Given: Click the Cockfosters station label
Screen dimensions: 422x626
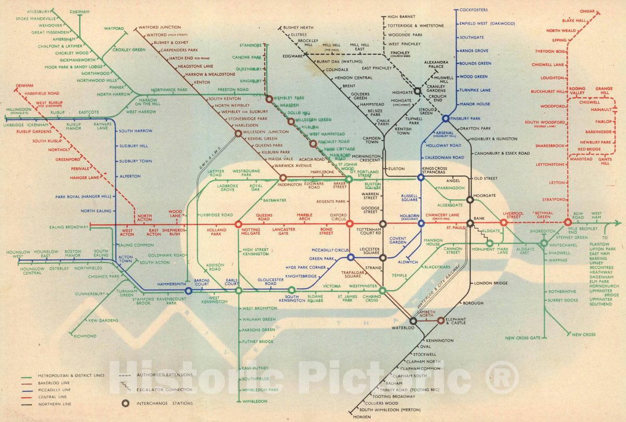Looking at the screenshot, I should point(475,9).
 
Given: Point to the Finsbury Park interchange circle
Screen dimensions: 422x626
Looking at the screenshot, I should point(446,119).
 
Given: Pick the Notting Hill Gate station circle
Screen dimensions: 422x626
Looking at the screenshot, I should point(238,224).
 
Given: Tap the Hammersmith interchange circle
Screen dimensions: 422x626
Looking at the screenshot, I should point(188,291).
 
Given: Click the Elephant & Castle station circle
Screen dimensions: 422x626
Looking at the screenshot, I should point(440,320).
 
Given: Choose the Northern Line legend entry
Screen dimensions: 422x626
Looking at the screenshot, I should point(51,404).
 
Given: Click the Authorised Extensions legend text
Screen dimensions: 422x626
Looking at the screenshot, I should point(164,375).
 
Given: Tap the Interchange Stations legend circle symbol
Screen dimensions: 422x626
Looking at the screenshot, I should point(125,403).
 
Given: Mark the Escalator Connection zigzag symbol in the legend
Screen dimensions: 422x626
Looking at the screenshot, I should point(124,389).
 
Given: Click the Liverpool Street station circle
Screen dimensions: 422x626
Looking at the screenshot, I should point(503,223).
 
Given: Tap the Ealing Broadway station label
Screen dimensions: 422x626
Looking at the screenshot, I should point(69,227).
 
